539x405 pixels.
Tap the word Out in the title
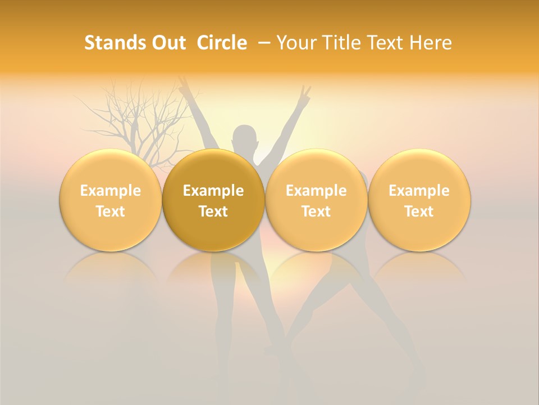(167, 43)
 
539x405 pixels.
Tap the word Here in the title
(429, 43)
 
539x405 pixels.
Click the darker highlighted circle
(213, 200)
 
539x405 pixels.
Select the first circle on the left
(111, 200)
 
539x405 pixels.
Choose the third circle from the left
(316, 200)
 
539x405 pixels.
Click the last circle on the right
(419, 200)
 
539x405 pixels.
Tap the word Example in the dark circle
(213, 191)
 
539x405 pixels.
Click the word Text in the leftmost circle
(111, 211)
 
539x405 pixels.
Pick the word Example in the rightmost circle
(419, 191)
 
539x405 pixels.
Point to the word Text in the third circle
(316, 211)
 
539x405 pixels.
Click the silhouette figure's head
(245, 138)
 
